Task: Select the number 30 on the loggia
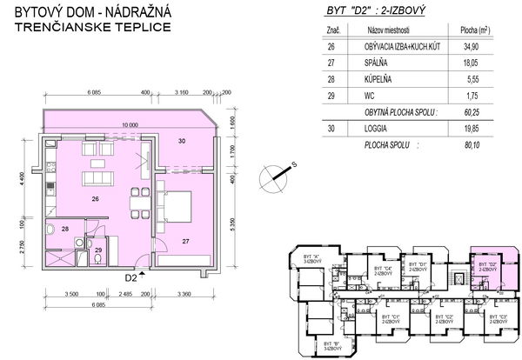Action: tap(182, 141)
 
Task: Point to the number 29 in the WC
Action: tap(98, 250)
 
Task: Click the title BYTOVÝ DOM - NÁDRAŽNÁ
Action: tap(83, 12)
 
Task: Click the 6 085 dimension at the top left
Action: tap(93, 91)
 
